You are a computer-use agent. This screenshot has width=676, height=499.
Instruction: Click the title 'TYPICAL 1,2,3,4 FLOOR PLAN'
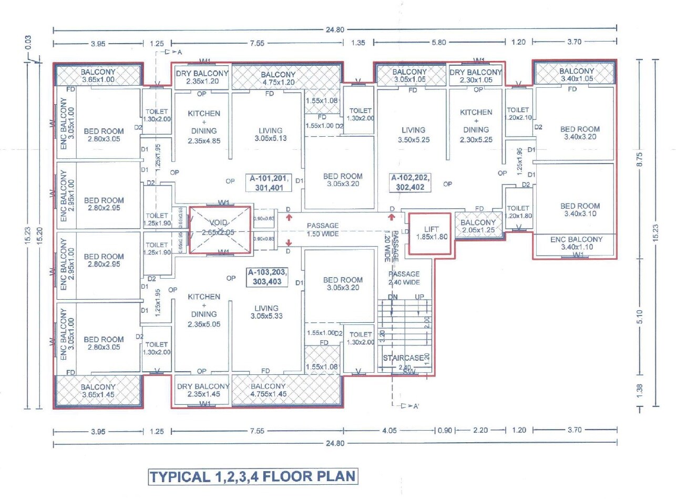(x=253, y=477)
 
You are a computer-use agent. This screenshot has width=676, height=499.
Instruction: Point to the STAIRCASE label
(x=403, y=358)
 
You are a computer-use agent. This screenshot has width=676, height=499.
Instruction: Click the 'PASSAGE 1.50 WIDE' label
(x=323, y=229)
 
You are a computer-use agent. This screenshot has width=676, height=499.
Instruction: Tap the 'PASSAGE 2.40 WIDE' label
(x=404, y=278)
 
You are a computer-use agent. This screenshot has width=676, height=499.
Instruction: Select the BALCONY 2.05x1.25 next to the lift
(x=478, y=226)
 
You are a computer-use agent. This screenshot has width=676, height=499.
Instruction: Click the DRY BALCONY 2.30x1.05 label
(x=475, y=76)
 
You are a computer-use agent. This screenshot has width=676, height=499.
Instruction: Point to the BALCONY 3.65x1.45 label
(x=98, y=391)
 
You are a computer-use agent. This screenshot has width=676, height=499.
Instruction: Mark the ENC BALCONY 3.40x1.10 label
(x=576, y=243)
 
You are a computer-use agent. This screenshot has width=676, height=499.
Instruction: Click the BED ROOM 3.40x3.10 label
(x=580, y=210)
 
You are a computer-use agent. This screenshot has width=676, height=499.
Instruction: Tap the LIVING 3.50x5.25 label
(x=413, y=135)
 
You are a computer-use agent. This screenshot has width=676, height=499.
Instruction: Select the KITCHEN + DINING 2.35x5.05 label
(x=204, y=311)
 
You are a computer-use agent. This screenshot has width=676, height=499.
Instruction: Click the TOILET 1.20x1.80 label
(x=518, y=212)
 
